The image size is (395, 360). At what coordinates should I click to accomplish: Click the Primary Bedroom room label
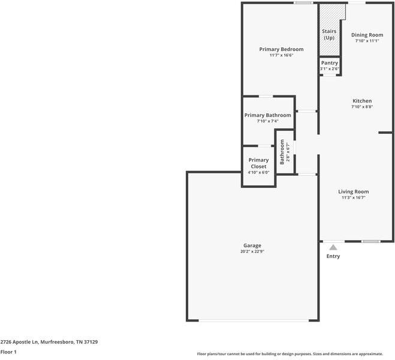pyautogui.click(x=281, y=49)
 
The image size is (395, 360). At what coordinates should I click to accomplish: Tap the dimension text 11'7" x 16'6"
pyautogui.click(x=281, y=55)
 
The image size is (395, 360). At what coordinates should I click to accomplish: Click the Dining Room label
pyautogui.click(x=367, y=35)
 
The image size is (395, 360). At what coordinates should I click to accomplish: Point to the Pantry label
pyautogui.click(x=330, y=63)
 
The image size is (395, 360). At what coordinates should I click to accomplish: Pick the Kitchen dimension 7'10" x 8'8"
pyautogui.click(x=362, y=107)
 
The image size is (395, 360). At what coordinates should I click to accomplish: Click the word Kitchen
pyautogui.click(x=362, y=101)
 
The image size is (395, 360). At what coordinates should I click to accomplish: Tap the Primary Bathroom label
pyautogui.click(x=267, y=115)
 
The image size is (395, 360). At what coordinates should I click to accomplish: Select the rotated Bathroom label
pyautogui.click(x=282, y=152)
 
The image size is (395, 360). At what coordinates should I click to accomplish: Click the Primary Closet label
pyautogui.click(x=258, y=163)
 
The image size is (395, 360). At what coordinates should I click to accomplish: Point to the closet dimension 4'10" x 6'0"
pyautogui.click(x=258, y=172)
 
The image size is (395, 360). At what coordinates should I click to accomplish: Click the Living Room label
pyautogui.click(x=354, y=191)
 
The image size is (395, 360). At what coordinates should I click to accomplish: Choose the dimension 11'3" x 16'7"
pyautogui.click(x=354, y=197)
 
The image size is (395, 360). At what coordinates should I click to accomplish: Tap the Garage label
pyautogui.click(x=252, y=245)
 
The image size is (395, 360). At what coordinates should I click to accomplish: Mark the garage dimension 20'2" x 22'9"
pyautogui.click(x=252, y=251)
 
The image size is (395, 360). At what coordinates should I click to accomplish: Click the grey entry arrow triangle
pyautogui.click(x=333, y=247)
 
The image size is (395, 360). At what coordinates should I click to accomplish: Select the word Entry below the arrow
pyautogui.click(x=333, y=256)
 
